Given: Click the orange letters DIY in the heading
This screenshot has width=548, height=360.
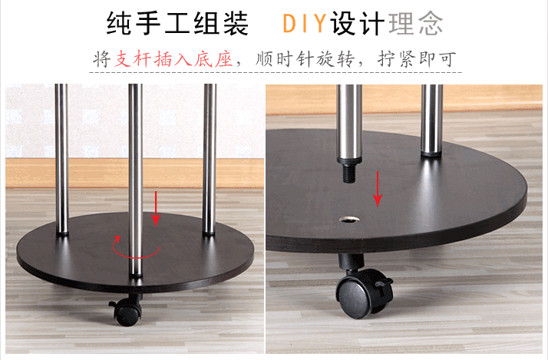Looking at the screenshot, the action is (304, 23).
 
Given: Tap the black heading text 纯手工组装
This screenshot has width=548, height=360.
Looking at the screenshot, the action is (177, 24).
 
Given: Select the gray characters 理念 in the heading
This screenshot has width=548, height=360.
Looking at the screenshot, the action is (415, 24).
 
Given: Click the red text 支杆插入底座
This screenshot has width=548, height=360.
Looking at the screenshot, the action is (173, 58).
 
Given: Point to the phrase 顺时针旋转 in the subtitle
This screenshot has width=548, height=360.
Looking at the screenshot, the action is (305, 58).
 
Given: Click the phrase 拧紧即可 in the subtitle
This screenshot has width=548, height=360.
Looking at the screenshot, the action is (417, 58).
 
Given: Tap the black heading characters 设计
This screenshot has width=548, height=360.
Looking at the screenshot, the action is (358, 24).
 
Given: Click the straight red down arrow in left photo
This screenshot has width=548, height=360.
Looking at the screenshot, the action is (156, 209).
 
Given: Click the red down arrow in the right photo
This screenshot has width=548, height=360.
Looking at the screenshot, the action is (378, 189).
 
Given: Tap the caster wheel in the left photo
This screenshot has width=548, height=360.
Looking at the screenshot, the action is (127, 310).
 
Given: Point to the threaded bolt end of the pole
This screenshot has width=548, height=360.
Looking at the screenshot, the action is (348, 173).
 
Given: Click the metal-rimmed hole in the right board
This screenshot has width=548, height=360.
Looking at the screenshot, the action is (349, 220).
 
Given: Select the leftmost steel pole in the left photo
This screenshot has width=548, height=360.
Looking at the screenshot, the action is (62, 159).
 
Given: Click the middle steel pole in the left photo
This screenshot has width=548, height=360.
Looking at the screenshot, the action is (136, 180).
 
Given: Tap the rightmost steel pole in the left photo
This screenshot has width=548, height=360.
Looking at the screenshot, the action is (210, 159).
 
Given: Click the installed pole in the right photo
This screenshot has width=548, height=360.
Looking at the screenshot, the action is (432, 120).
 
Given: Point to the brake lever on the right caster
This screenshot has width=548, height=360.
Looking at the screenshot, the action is (384, 284).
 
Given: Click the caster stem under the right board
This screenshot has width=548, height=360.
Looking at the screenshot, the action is (351, 262).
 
